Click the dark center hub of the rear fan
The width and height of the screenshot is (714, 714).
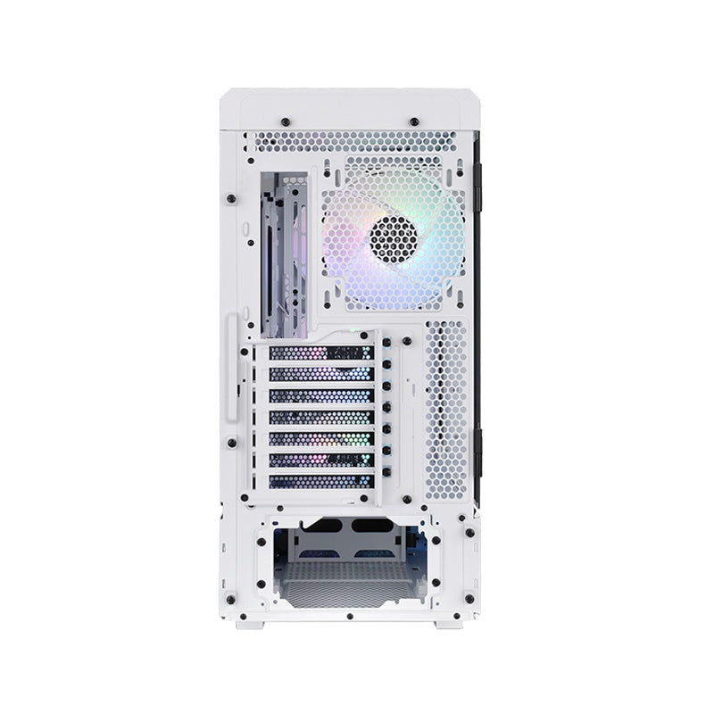(x=394, y=237)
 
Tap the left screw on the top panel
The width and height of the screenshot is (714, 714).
(x=284, y=120)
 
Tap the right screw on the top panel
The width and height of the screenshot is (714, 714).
(x=415, y=120)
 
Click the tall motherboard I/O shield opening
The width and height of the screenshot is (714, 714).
(x=285, y=241)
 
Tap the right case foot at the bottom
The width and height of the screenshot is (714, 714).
(x=449, y=622)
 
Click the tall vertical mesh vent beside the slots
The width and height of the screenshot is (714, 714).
(x=446, y=406)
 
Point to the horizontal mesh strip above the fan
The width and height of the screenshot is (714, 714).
(x=357, y=142)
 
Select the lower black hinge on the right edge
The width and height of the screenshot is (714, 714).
(x=477, y=451)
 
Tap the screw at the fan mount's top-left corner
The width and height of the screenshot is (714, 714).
(x=328, y=165)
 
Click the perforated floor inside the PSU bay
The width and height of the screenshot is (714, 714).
(x=349, y=576)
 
